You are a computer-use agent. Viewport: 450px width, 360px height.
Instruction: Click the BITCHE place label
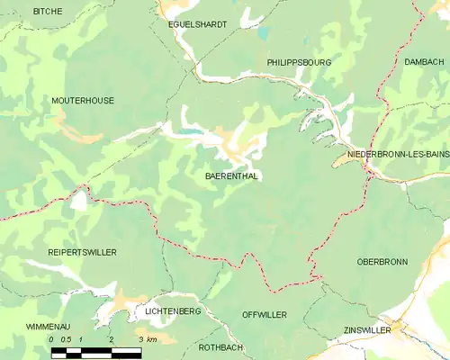point(48,10)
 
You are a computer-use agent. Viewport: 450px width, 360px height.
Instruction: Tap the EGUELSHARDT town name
point(198,24)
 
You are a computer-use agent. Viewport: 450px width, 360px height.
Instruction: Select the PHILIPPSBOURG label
point(300,63)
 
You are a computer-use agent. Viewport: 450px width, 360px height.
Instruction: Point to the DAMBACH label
point(424,62)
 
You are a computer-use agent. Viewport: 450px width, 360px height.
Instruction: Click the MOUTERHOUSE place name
point(83,101)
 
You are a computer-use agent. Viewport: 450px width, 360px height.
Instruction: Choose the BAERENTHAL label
point(231,176)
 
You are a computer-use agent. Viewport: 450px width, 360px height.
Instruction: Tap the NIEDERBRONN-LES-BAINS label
point(398,155)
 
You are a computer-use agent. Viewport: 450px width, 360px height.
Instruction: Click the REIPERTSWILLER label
point(83,252)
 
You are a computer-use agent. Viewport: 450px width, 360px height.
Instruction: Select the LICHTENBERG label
point(172,310)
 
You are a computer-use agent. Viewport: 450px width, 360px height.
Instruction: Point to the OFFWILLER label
point(265,314)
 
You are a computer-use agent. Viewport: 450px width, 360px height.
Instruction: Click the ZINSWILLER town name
point(367,330)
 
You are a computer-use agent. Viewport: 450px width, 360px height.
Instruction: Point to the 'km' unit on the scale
point(152,339)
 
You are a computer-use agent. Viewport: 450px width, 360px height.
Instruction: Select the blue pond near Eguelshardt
point(263,33)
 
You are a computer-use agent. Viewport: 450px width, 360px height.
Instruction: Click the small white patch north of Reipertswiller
point(80,200)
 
